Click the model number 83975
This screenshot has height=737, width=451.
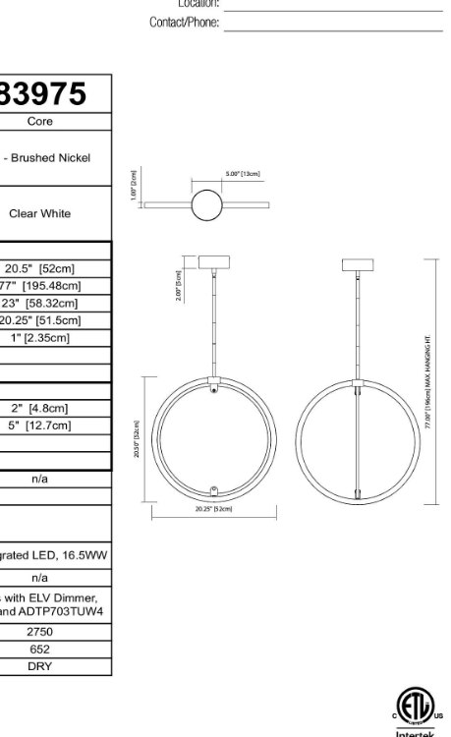[x=44, y=93]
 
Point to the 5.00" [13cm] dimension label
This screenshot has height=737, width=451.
[x=243, y=174]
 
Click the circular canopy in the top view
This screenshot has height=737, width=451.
[x=206, y=204]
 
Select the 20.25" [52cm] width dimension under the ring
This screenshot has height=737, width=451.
[x=213, y=509]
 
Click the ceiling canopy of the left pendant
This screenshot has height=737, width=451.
[x=213, y=263]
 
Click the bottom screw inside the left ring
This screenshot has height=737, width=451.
[x=214, y=486]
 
